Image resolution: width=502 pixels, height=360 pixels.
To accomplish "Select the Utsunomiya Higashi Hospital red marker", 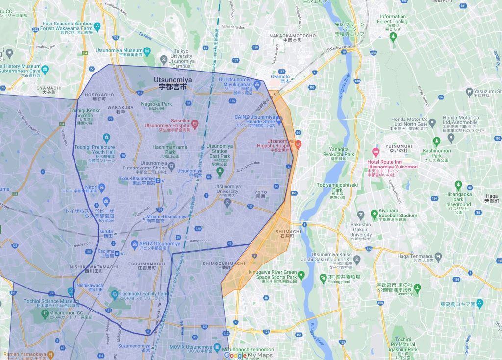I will [298, 144].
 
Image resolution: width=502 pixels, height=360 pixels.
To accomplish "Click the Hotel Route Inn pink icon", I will [376, 151].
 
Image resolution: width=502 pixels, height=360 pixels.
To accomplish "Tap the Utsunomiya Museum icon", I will [147, 51].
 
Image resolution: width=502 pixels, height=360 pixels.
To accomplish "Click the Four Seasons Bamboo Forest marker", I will [98, 26].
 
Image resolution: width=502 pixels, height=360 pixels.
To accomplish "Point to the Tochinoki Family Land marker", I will [114, 295].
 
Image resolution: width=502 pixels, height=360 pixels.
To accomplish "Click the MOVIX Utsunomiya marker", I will [218, 347].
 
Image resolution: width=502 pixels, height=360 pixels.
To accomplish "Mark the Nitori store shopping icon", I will [102, 187].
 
